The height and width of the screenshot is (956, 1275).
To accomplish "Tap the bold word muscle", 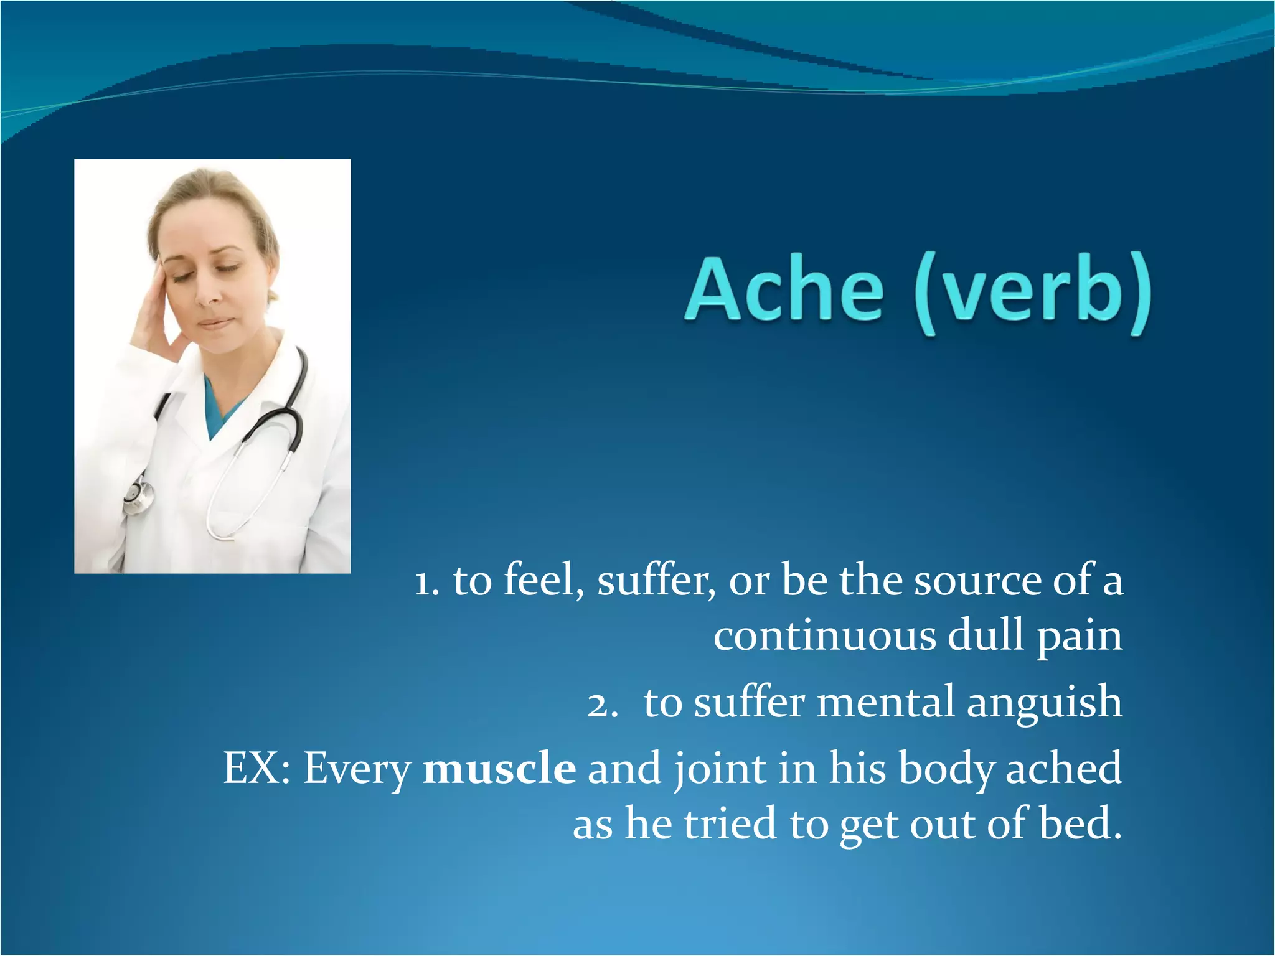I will coord(499,768).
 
